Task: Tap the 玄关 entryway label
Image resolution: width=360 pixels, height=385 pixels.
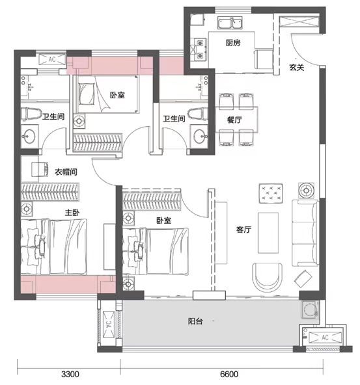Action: [298, 67]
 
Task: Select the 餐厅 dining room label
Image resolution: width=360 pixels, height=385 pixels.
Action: [226, 120]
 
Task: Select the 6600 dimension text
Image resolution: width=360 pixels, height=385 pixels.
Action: [230, 375]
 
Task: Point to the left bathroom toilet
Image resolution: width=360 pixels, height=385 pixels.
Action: [29, 114]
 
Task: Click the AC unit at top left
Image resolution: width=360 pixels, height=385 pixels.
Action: [51, 59]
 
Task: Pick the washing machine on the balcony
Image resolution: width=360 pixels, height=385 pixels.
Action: [309, 310]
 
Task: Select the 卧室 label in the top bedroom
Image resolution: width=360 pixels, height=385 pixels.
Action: [117, 95]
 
